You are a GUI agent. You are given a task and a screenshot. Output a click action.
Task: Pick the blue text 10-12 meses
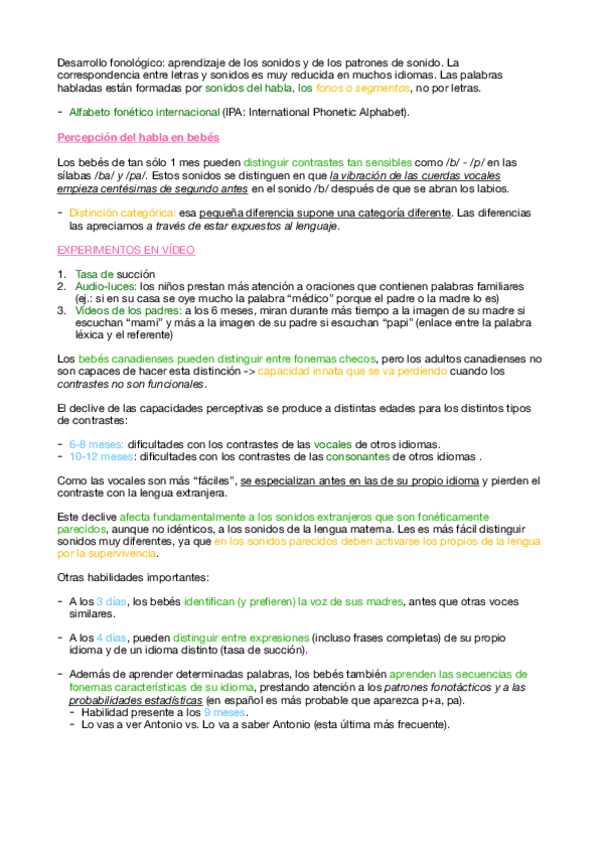102,456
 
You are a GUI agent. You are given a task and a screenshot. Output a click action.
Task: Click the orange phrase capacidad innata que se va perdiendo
343,371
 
